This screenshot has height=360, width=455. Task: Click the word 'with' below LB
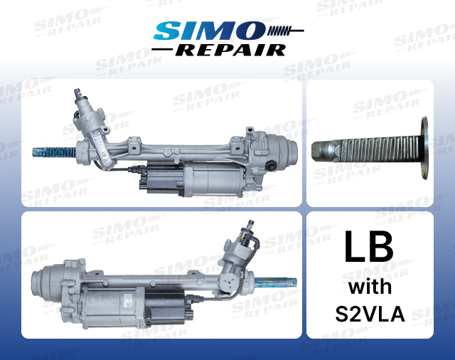click(369, 287)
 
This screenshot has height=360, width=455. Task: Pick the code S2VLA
click(369, 313)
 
